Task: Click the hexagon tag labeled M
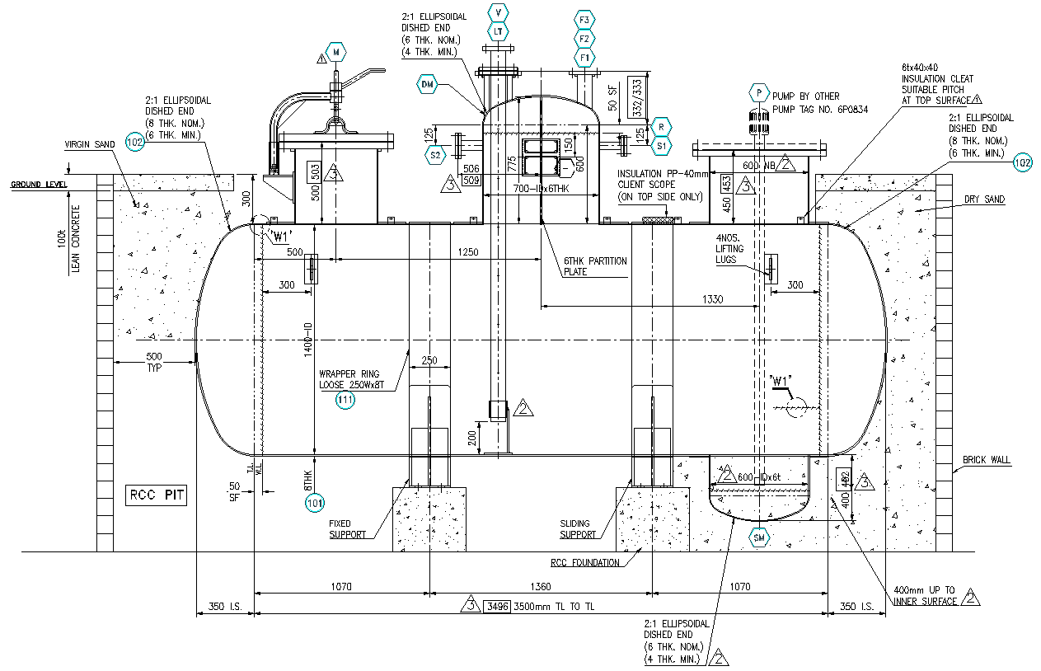click(x=336, y=51)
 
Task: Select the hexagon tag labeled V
click(x=499, y=12)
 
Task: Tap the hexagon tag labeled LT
click(x=499, y=32)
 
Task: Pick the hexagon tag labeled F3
click(x=584, y=20)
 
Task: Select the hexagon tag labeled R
click(x=660, y=126)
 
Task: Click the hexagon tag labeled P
click(x=757, y=92)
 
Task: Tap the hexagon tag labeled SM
click(x=759, y=538)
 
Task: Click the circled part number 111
click(x=345, y=401)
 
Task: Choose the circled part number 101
click(x=315, y=502)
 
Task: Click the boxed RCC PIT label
click(x=157, y=495)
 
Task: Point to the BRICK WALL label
click(x=987, y=461)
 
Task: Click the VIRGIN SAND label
click(x=90, y=144)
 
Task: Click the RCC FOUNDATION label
click(x=584, y=564)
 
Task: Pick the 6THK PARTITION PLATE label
click(x=594, y=266)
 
